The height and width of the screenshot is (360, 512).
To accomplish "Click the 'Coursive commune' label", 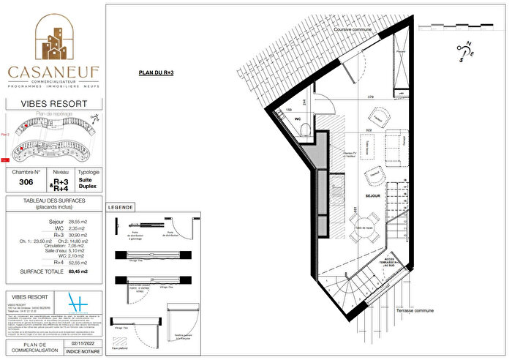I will tap(351, 29).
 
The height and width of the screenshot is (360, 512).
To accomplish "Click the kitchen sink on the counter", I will tap(339, 183).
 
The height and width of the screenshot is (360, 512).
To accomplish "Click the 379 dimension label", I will tap(371, 97).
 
